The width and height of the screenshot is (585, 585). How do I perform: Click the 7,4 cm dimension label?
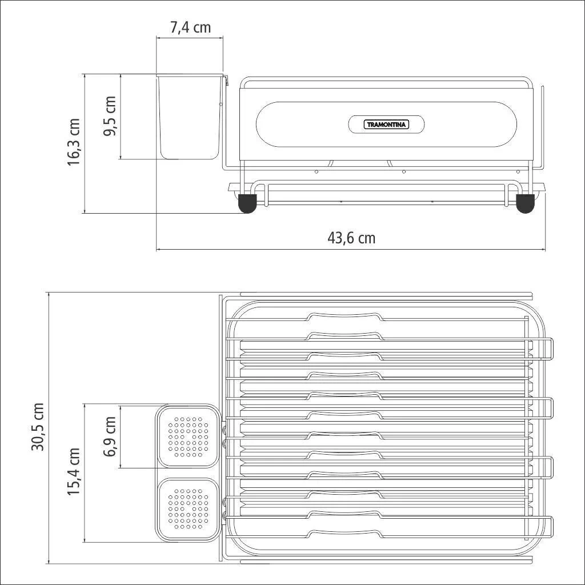[190, 27]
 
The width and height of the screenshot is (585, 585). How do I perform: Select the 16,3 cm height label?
[74, 142]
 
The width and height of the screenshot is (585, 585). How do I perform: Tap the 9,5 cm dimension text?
[110, 116]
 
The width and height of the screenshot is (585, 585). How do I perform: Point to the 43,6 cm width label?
[351, 238]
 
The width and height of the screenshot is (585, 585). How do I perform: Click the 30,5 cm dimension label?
[38, 427]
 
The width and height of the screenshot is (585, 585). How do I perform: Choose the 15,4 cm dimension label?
[74, 472]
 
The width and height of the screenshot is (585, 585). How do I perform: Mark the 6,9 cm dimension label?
[110, 436]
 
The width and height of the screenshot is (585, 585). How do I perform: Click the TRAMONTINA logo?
[386, 124]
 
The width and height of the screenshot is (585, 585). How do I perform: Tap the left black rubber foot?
[247, 203]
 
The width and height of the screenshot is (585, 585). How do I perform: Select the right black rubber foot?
[526, 203]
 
